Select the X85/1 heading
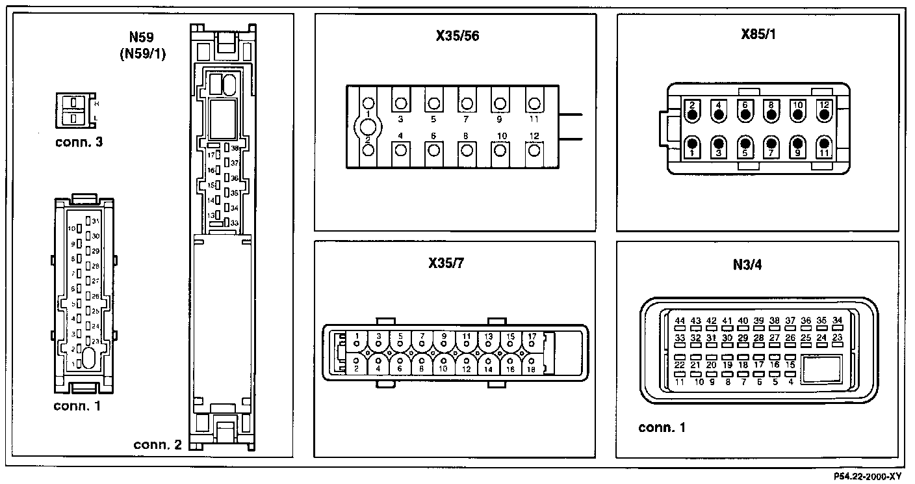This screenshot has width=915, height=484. pos(758,34)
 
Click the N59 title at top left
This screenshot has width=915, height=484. pos(143,40)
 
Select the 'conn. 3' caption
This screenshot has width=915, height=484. pos(79,141)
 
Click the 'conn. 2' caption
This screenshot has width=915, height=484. pos(158,445)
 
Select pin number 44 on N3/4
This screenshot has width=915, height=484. pos(680,321)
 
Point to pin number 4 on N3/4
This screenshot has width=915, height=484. pos(791,382)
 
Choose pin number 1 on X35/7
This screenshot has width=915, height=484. pos(357,336)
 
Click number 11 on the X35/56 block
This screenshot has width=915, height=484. pos(534,120)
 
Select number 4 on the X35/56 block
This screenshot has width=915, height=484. pos(400,135)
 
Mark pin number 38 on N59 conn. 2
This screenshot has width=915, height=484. pos(234,148)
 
